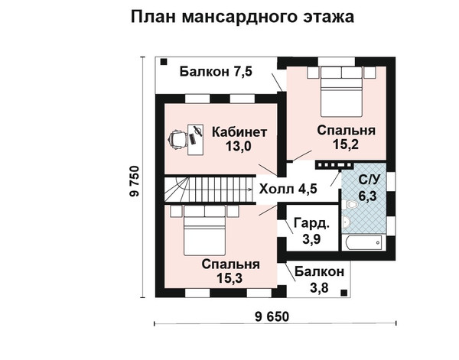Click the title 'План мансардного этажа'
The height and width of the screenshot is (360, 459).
243,17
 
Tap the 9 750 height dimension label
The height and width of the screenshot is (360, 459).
135,181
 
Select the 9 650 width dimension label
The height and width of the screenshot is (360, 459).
272,316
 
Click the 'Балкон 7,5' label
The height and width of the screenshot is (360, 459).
216,72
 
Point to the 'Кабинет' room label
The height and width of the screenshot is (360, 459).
239,132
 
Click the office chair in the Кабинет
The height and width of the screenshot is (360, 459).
177,141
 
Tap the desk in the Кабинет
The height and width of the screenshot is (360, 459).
195,140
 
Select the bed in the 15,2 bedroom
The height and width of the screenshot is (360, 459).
341,91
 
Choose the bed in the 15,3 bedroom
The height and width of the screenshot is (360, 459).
205,230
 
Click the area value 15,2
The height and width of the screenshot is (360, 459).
346,144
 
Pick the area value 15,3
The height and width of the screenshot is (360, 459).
229,277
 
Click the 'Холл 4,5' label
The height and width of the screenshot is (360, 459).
288,189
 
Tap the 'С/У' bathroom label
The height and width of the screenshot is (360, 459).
369,180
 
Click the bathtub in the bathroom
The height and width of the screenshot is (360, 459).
363,242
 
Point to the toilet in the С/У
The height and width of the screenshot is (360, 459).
350,204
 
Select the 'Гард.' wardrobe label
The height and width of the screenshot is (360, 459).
311,223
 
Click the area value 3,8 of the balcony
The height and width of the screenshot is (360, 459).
319,288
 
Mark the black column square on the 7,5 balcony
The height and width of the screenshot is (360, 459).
164,62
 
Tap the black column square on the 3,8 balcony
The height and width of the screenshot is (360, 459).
344,293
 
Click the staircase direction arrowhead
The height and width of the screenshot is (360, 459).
249,190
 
